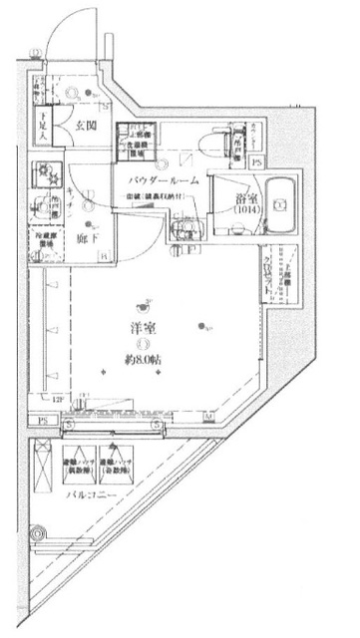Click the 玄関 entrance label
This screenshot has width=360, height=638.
pos(85,126)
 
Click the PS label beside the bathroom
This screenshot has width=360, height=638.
pos(256,161)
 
